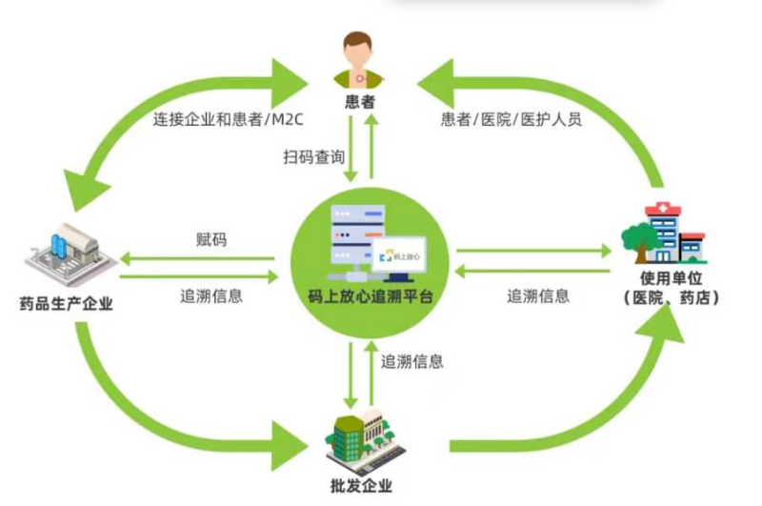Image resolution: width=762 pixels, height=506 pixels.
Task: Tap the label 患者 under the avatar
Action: point(359,98)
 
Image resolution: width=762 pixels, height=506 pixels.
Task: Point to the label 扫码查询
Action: point(313,155)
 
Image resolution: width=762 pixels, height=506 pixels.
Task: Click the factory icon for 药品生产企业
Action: point(67,251)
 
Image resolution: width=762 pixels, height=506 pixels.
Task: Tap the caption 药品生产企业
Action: point(70,305)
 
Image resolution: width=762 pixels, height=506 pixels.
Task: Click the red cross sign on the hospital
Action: point(656,209)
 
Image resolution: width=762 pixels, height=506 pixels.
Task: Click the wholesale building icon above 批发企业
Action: point(362,438)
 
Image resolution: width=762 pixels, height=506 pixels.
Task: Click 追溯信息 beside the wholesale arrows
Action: point(412,362)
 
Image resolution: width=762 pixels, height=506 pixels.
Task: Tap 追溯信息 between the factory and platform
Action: point(211,295)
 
